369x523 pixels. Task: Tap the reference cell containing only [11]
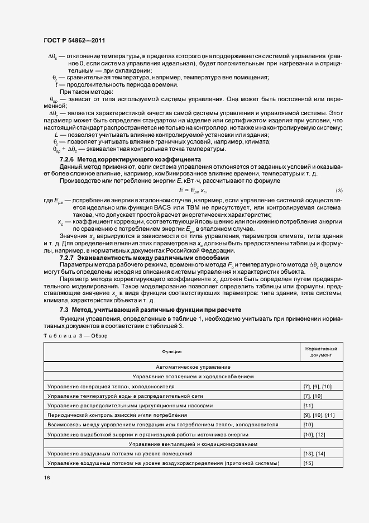[x=308, y=405]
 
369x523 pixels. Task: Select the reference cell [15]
[x=308, y=463]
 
